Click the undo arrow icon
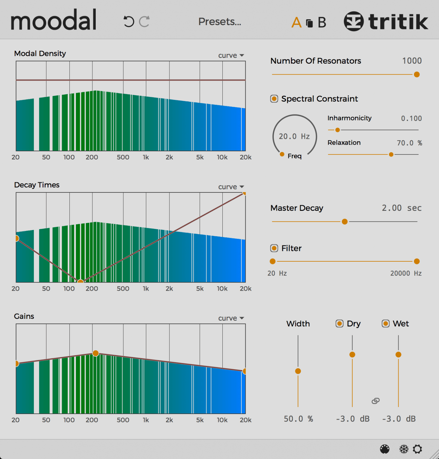(x=129, y=22)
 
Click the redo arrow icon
(x=144, y=22)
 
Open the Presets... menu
(x=220, y=22)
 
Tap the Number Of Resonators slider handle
(x=416, y=75)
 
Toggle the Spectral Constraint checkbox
(x=274, y=99)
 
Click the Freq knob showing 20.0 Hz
(x=294, y=136)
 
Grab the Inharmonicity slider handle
(x=337, y=130)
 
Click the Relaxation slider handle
(x=391, y=155)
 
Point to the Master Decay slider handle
(x=344, y=222)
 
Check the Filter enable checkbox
(x=274, y=248)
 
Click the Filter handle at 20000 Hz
(x=416, y=261)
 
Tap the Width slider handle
(x=298, y=371)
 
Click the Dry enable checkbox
(x=339, y=324)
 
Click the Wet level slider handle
(x=398, y=355)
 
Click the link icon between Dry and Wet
(x=375, y=401)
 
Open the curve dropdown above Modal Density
(x=231, y=55)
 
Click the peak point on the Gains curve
(x=95, y=353)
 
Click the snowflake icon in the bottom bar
(x=404, y=449)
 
